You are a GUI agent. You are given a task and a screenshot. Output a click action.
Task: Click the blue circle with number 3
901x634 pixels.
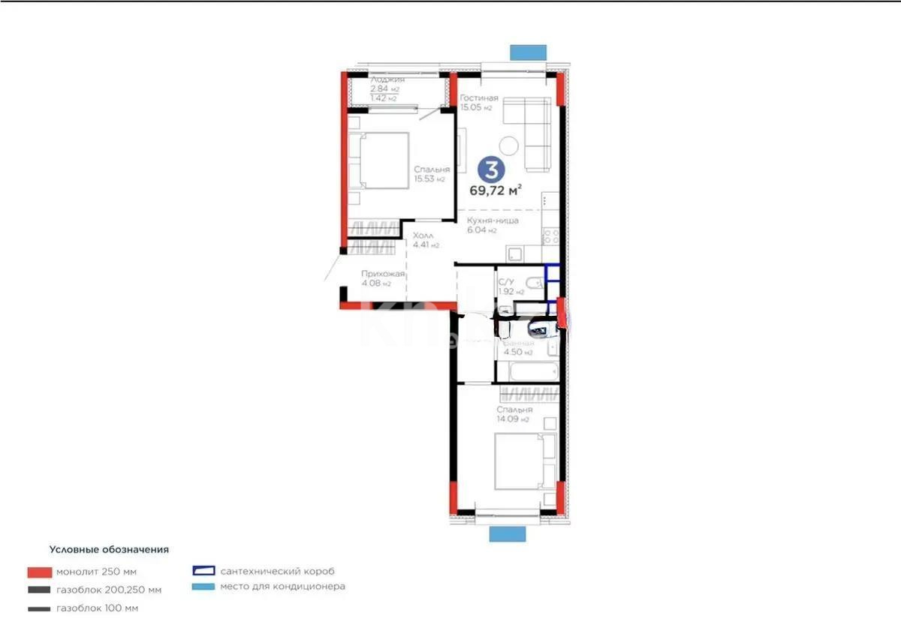pos(490,169)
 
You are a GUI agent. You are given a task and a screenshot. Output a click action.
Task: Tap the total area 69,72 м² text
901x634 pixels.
pos(496,191)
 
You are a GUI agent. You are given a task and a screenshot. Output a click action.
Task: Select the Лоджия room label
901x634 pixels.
pos(388,80)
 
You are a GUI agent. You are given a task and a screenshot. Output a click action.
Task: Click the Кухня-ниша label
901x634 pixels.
pos(493,221)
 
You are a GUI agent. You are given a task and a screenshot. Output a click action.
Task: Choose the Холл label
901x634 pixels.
pos(422,236)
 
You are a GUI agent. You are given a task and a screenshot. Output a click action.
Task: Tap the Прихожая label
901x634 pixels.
pos(383,274)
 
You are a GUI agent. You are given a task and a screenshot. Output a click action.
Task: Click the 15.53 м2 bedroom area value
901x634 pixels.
pos(429,179)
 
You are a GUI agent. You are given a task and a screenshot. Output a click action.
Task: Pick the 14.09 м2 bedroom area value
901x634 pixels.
pos(513,419)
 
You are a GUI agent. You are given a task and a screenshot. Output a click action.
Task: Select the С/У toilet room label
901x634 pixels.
pos(506,282)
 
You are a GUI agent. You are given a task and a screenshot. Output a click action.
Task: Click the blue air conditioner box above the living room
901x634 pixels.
pos(528,52)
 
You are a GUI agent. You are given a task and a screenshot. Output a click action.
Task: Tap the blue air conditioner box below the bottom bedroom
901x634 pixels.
pos(508,533)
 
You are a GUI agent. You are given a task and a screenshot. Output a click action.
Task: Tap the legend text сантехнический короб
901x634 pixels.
pos(278,571)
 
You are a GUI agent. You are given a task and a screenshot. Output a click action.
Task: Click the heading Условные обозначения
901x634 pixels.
pos(109,549)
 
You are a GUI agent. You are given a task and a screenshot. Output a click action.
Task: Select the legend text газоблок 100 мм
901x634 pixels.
pos(97,608)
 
